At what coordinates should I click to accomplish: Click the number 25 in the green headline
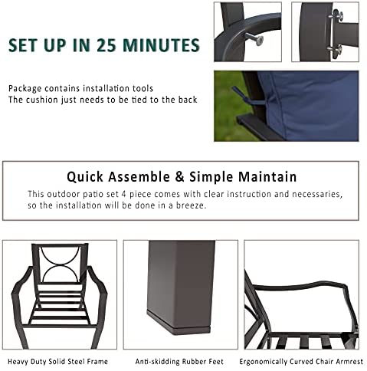(106, 45)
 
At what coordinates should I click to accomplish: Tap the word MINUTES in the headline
(161, 45)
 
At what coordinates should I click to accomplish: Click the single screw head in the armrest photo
(257, 41)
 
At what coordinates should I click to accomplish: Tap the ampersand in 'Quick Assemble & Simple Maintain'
(179, 177)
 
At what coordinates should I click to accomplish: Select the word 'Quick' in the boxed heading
(85, 177)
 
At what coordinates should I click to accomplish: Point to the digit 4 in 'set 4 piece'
(124, 194)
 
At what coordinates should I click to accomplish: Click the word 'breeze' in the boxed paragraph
(190, 205)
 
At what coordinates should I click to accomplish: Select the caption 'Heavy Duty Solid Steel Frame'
(57, 362)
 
